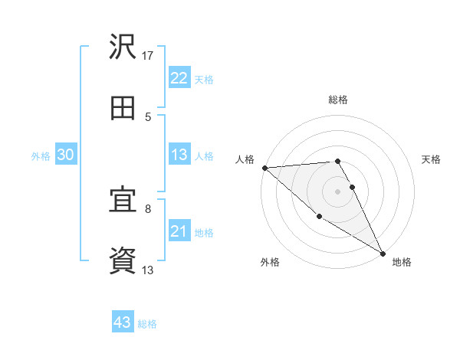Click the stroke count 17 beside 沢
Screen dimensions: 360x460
pos(148,55)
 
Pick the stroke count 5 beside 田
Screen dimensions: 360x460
pos(148,116)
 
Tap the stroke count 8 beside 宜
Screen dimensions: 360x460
pos(148,208)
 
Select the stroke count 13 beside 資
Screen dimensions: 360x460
pos(148,270)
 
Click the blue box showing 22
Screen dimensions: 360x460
pos(179,78)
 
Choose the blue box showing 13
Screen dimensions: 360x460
pos(179,155)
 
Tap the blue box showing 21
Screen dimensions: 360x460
pos(179,231)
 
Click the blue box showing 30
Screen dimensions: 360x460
pos(65,155)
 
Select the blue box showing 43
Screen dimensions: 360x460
pos(123,322)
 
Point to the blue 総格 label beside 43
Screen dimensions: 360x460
pos(147,324)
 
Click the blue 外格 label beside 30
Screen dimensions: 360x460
pos(41,156)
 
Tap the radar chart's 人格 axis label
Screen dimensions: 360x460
pos(245,159)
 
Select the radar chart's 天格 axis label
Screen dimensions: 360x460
pos(431,159)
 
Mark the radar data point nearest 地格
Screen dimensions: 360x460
pos(383,253)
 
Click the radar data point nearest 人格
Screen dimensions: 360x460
pos(264,168)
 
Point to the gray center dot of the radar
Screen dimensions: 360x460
pos(337,191)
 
